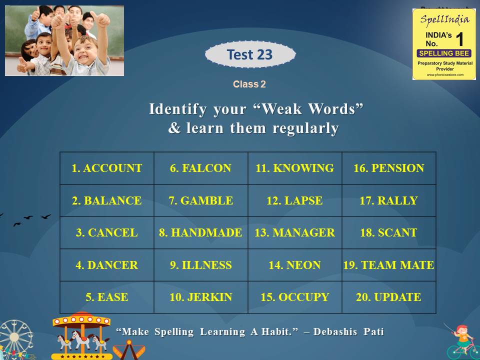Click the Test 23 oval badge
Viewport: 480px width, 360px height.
point(250,54)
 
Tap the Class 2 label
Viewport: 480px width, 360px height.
point(249,84)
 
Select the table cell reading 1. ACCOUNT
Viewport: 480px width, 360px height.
point(107,168)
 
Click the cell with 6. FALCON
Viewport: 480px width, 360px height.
point(201,168)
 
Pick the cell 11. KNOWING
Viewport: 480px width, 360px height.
point(295,168)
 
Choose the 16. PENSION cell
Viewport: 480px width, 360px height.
point(389,168)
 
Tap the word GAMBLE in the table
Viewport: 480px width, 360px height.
point(206,200)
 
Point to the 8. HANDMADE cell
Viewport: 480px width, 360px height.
point(201,232)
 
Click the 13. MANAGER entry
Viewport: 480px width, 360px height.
point(295,232)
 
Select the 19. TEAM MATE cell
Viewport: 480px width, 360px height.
point(389,265)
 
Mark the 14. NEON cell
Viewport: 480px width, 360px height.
point(295,265)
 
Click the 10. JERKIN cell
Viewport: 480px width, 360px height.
point(201,297)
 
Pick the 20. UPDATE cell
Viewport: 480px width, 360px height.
point(389,297)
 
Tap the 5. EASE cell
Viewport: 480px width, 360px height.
point(107,297)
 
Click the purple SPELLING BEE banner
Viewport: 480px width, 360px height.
point(444,53)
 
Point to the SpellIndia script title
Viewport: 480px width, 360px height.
point(444,19)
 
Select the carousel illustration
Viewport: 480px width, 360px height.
point(81,335)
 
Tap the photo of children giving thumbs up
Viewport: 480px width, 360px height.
point(64,40)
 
